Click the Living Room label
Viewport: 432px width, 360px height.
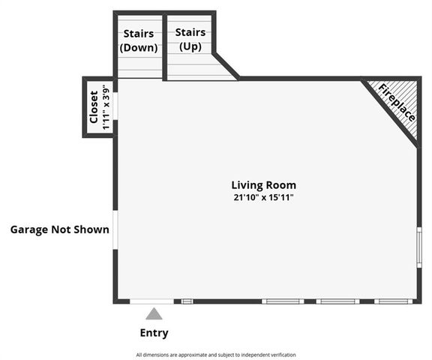tap(263, 184)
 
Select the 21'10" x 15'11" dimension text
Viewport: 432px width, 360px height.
tap(263, 198)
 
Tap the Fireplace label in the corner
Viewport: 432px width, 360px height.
tap(395, 104)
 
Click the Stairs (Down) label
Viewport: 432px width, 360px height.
tap(139, 40)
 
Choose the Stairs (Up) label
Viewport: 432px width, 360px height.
tap(190, 40)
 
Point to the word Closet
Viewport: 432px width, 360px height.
tap(94, 108)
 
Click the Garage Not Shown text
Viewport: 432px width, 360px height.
tap(59, 229)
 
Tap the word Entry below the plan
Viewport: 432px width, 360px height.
tap(154, 333)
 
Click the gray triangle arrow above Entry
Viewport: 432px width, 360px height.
tap(154, 313)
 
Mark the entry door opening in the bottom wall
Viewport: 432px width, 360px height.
tap(151, 301)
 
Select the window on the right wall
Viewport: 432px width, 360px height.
tap(419, 247)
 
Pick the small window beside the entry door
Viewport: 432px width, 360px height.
tap(187, 301)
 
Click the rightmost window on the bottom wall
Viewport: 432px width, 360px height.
tap(394, 301)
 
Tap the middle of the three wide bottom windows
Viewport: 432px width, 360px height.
tap(337, 301)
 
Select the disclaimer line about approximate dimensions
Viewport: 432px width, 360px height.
tap(216, 355)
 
